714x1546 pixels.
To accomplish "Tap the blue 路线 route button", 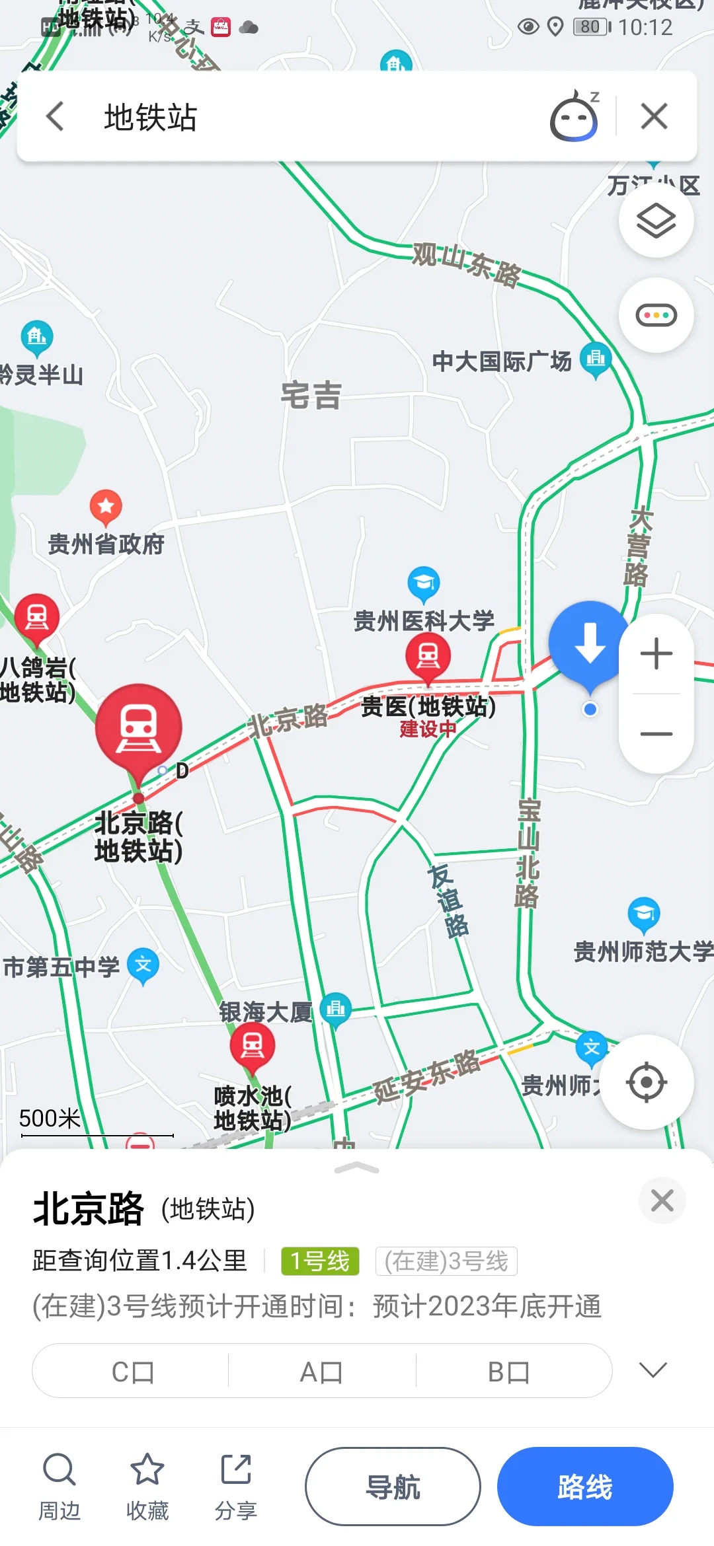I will [x=585, y=1487].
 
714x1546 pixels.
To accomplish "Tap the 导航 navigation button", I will [x=393, y=1487].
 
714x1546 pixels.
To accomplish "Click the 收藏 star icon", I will [x=147, y=1469].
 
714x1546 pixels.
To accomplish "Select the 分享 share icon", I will [x=236, y=1469].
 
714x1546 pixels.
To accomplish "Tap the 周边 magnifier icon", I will [x=59, y=1469].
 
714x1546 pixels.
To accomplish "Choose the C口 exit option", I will [x=132, y=1372].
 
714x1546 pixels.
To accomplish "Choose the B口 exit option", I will [x=508, y=1372].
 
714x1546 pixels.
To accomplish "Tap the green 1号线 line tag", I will [x=320, y=1261].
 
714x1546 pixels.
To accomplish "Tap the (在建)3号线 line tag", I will [x=446, y=1261].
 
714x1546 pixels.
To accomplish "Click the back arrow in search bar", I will [x=56, y=117].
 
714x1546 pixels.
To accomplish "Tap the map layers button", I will [x=656, y=220].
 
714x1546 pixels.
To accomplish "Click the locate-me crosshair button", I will [x=647, y=1082].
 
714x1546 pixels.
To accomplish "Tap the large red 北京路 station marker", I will [x=139, y=727].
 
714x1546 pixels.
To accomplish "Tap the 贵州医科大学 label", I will [x=424, y=620].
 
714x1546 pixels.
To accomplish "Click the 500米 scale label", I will [x=50, y=1118].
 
